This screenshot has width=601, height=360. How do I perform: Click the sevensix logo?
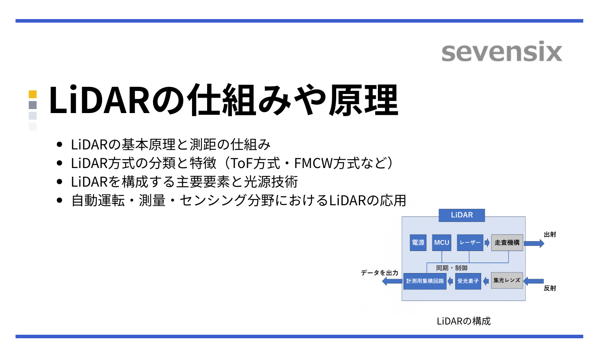502,52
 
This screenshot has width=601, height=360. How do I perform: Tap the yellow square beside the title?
32,94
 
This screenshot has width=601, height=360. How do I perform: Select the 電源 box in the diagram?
418,243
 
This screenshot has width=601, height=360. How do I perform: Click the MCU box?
442,243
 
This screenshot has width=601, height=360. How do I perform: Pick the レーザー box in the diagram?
470,243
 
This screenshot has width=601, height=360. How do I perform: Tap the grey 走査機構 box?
507,243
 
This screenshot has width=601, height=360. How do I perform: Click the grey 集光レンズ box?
507,280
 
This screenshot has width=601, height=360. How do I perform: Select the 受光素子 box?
468,281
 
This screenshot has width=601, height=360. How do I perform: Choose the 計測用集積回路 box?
425,281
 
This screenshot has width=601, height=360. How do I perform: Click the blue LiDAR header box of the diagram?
462,215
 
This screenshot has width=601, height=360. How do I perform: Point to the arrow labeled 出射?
534,243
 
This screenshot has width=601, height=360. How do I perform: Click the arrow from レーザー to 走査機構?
487,243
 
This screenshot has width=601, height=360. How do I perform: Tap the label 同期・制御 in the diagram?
452,268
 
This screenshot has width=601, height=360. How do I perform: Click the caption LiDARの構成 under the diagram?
464,321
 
